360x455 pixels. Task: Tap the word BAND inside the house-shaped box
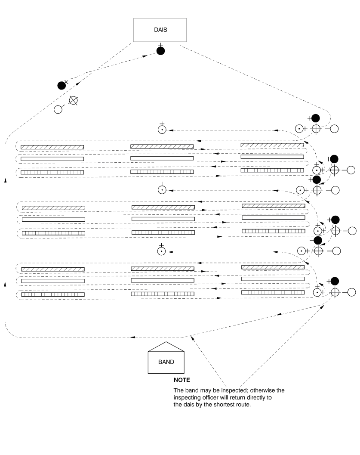[166, 362]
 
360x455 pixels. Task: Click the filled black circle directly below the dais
[160, 51]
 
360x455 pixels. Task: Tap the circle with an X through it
[74, 101]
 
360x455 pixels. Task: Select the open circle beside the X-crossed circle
[58, 109]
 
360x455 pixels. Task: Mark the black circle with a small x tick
[62, 85]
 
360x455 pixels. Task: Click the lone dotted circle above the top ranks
[162, 129]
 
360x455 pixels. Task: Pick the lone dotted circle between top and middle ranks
[162, 190]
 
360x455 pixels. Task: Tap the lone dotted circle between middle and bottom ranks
[162, 251]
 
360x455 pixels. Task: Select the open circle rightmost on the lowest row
[351, 292]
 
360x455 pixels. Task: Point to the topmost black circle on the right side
[316, 118]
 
